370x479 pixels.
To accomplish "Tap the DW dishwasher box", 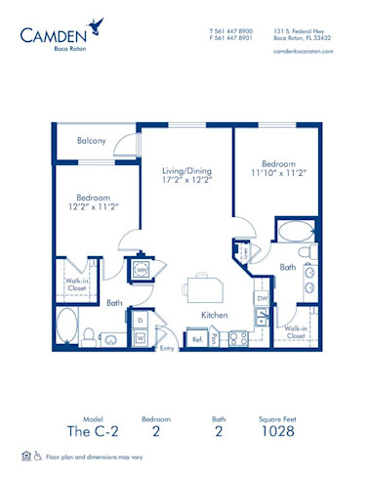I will [x=261, y=297].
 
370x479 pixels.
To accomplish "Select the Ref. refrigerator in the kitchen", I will [x=196, y=339].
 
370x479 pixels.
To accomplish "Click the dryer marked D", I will [x=140, y=320].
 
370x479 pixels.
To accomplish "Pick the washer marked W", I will [x=140, y=338].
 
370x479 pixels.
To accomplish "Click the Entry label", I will [x=166, y=348].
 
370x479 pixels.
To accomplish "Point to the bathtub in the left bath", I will [x=67, y=327].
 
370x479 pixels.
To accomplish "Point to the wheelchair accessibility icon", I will [x=38, y=456].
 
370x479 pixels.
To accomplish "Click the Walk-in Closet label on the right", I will [x=297, y=333].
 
